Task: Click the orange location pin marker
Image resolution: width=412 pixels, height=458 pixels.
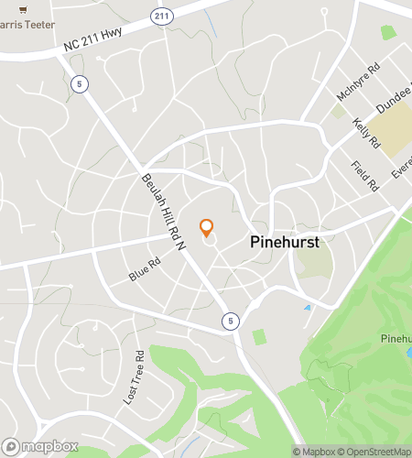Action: click(206, 227)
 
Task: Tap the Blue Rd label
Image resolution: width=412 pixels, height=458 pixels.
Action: click(145, 267)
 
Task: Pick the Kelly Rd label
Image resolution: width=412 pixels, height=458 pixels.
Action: click(366, 133)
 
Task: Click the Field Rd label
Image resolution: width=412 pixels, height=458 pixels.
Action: click(364, 175)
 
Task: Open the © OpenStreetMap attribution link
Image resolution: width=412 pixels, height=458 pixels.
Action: click(375, 451)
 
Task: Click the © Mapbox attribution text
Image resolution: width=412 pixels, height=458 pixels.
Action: click(313, 451)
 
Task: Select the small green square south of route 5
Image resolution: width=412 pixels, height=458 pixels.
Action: click(258, 336)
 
